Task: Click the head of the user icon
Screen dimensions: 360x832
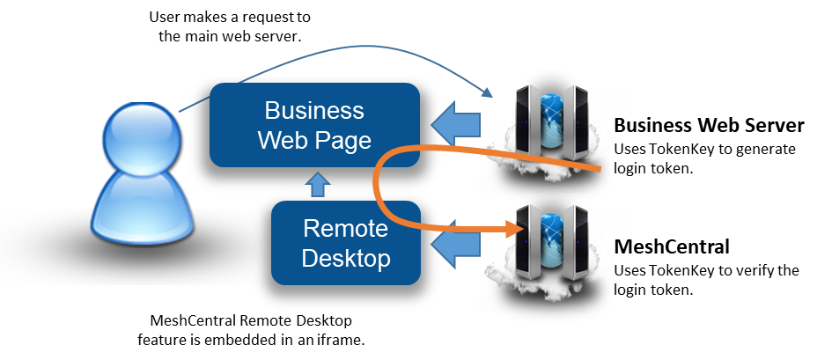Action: [141, 139]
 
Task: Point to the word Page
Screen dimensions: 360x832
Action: [344, 141]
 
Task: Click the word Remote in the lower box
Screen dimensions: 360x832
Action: [345, 229]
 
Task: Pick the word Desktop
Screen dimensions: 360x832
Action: [345, 260]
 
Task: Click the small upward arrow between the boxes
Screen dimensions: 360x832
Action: [319, 184]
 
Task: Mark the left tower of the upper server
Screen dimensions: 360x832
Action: [527, 117]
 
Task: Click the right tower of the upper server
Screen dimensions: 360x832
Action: [575, 117]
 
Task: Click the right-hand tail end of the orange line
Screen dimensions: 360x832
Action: [600, 167]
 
